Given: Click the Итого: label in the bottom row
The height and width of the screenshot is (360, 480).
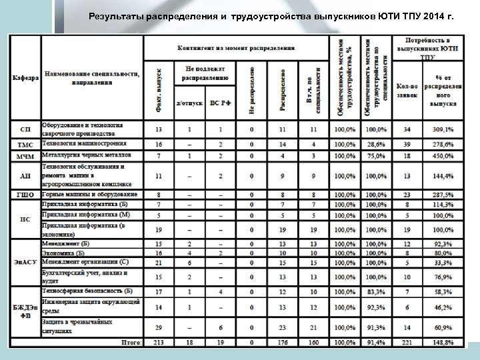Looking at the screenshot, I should coord(130,343).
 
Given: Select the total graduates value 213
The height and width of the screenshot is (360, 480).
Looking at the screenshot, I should coord(159,343).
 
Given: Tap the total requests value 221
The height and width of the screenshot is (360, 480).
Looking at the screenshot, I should coord(407,343).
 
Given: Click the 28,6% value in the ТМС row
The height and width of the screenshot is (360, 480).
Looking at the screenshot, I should coord(377,144).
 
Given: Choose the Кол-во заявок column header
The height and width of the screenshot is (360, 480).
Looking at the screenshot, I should coord(407,90).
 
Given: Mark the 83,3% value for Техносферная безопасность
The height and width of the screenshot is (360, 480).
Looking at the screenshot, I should coord(377,292).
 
